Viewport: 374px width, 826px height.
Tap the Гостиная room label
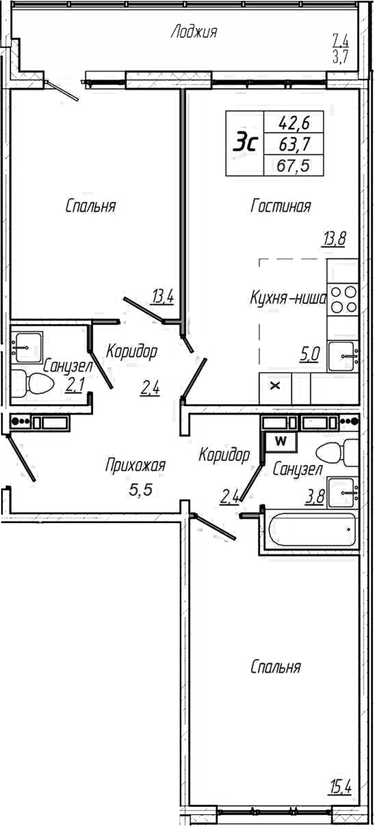[281, 206]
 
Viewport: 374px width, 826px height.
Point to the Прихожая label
[135, 465]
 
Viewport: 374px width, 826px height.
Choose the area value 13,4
[162, 296]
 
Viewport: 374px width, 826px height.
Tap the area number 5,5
[140, 490]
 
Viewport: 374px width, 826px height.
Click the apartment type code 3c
[246, 144]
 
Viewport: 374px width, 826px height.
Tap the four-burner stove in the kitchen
[343, 299]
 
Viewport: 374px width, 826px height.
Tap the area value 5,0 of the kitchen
[310, 355]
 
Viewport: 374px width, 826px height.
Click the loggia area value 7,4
[340, 42]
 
